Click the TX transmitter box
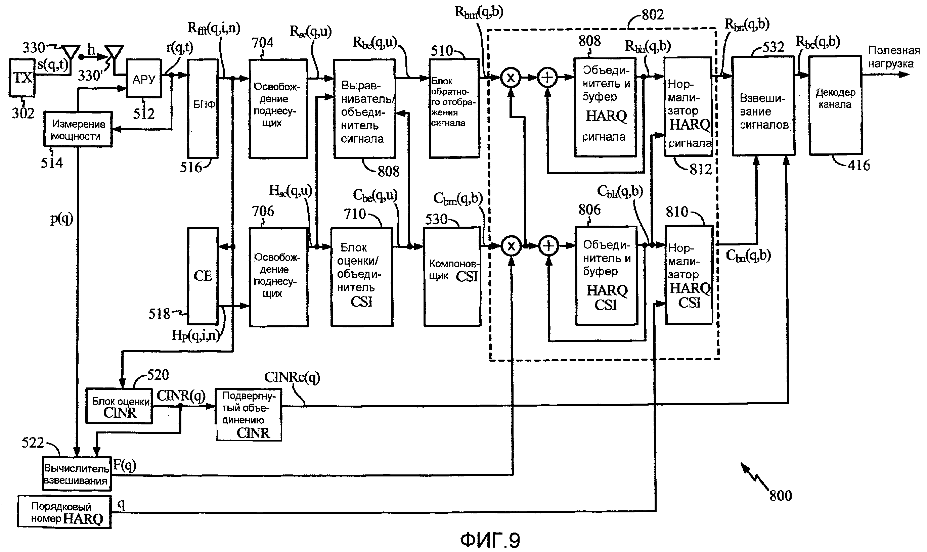[22, 78]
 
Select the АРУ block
[144, 79]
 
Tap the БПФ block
[203, 108]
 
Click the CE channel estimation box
[203, 276]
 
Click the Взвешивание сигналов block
[764, 106]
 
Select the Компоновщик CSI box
[452, 277]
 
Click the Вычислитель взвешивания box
[77, 473]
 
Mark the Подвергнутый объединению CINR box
[249, 415]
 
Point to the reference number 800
[781, 496]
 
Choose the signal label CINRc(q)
[292, 377]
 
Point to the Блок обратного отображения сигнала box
[454, 108]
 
